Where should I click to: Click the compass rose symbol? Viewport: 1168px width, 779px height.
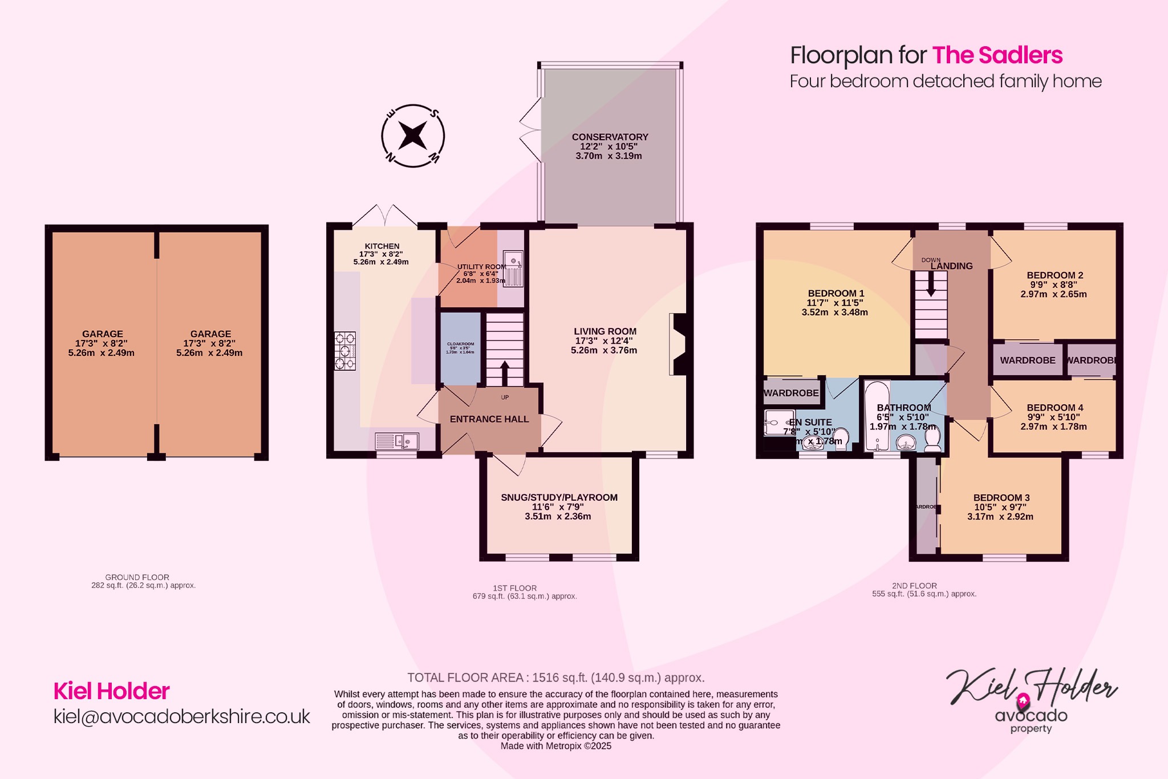tap(413, 136)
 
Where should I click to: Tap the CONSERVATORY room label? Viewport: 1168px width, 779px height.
tap(610, 137)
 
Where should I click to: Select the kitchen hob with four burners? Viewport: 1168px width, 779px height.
tap(345, 351)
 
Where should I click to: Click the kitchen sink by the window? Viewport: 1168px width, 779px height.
tap(397, 441)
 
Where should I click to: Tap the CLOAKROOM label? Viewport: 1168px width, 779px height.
tap(460, 344)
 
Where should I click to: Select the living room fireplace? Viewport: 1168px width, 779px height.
tap(679, 344)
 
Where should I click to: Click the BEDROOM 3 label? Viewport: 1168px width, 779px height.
tap(1001, 498)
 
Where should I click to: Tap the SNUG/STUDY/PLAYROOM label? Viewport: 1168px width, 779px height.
tap(559, 497)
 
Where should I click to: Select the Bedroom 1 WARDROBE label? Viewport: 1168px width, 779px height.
tap(791, 393)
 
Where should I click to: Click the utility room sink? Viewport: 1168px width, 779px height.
tap(513, 259)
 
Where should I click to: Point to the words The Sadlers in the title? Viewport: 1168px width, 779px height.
tap(997, 55)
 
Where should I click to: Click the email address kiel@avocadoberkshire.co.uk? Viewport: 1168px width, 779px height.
tap(181, 716)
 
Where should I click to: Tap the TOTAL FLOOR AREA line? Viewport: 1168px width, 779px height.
tap(555, 677)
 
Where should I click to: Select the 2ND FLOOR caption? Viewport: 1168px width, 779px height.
tap(914, 586)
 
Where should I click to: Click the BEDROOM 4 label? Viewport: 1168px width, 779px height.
tap(1055, 408)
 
